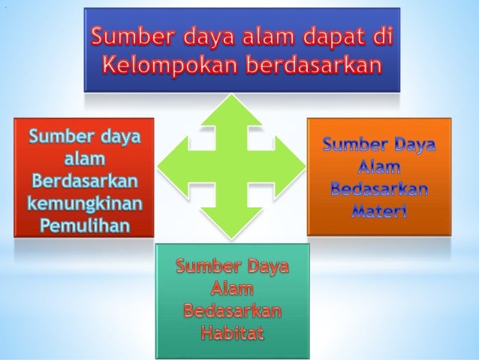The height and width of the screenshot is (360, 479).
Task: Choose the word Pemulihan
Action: click(84, 224)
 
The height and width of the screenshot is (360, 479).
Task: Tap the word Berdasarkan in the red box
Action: click(84, 181)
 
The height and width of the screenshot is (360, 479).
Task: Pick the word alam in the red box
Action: click(84, 159)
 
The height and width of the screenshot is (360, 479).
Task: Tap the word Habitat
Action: click(232, 332)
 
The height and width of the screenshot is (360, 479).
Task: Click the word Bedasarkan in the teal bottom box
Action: click(232, 310)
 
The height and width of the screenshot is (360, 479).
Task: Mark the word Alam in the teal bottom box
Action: click(232, 289)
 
